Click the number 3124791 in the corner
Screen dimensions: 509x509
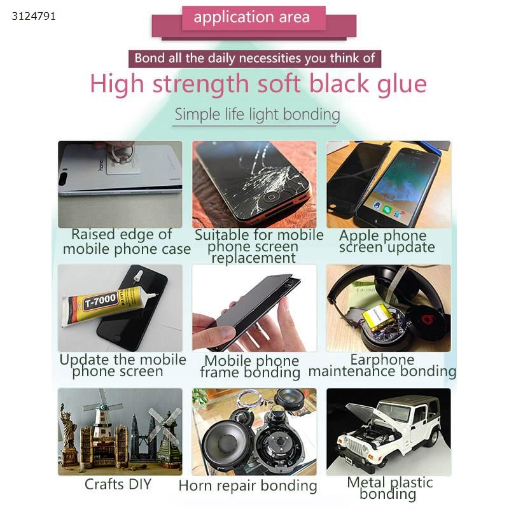click(34, 17)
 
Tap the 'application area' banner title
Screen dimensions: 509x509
click(251, 17)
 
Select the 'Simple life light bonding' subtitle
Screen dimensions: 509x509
click(257, 115)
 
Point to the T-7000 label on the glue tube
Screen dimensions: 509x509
click(101, 300)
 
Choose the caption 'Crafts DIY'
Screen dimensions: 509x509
click(118, 484)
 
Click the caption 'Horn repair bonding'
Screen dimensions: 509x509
click(248, 486)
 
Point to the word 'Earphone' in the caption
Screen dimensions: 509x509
click(382, 359)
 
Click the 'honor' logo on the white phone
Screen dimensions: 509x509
click(101, 164)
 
